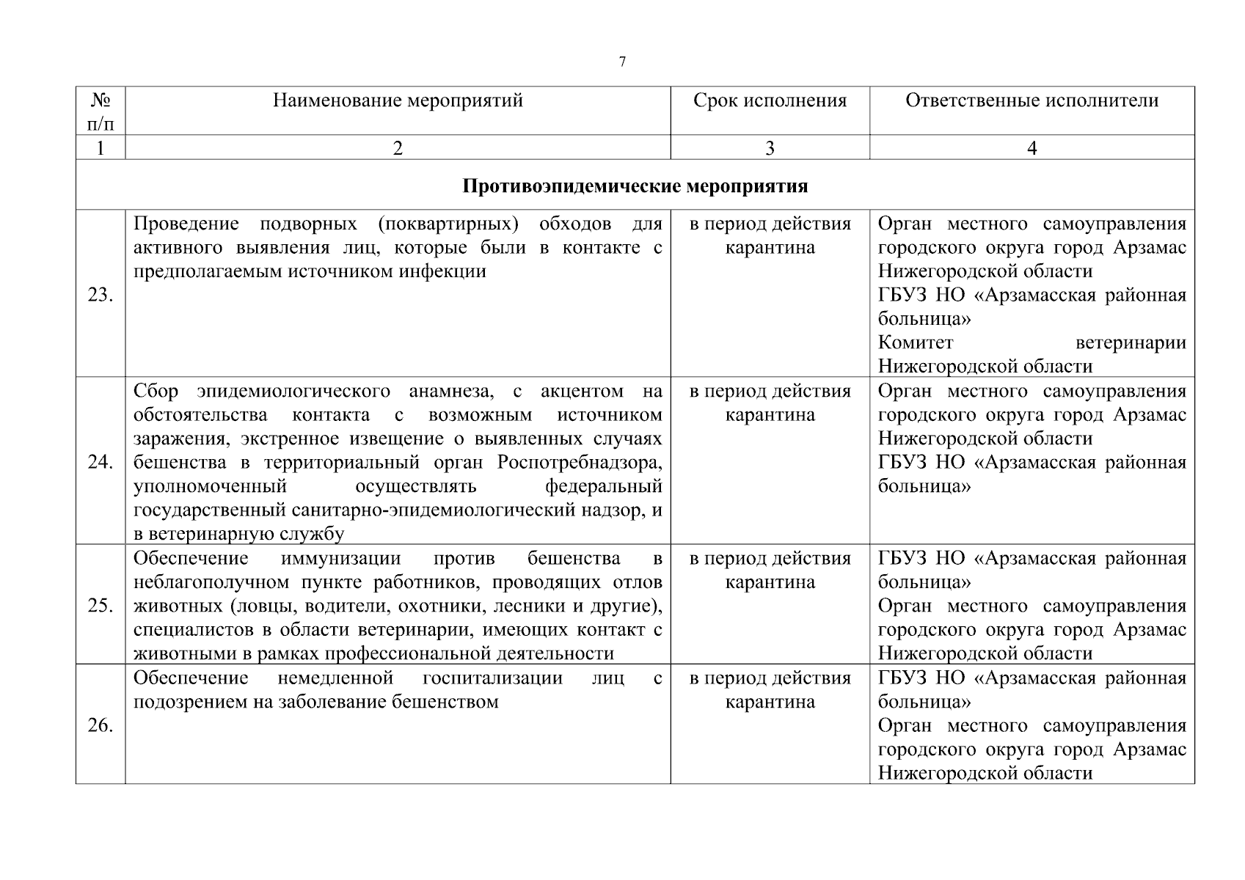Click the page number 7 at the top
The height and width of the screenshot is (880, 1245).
click(x=622, y=62)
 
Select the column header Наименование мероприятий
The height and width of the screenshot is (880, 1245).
click(x=398, y=100)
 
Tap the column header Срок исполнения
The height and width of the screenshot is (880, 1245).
click(x=770, y=100)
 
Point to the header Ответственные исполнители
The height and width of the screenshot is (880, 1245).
click(x=1032, y=100)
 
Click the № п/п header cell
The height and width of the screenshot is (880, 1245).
click(x=101, y=111)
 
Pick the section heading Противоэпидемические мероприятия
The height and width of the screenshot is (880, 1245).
click(x=635, y=186)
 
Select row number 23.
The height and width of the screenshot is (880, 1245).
click(x=101, y=296)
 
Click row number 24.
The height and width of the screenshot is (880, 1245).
click(x=101, y=462)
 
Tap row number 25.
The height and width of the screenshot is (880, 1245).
click(x=101, y=606)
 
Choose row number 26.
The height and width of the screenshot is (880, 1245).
click(x=101, y=725)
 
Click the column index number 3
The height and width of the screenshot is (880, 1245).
click(x=770, y=148)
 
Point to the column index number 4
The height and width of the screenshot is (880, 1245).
click(x=1032, y=148)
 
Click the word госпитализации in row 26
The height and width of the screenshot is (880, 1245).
click(x=492, y=678)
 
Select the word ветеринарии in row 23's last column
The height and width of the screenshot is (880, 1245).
click(x=1130, y=342)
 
